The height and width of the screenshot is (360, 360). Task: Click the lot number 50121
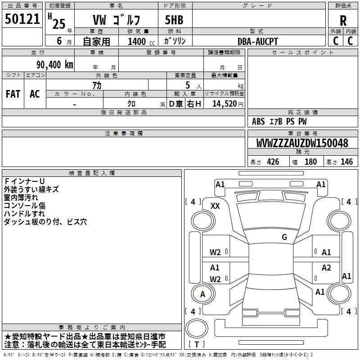point(22,19)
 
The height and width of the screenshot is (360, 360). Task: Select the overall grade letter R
point(343,21)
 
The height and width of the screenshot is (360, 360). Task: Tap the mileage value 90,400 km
point(54,65)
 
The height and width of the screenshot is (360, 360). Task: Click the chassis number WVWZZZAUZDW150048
point(302,143)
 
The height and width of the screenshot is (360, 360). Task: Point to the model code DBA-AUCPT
point(257,41)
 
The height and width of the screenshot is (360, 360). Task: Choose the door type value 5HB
point(174,20)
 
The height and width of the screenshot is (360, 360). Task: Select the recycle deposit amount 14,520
point(225,104)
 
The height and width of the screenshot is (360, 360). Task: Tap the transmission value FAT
point(13,94)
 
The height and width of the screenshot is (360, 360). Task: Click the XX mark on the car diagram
point(215,206)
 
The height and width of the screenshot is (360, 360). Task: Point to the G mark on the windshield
point(284,237)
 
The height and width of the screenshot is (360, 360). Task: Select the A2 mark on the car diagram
point(326,267)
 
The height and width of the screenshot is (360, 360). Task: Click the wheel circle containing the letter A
point(203,294)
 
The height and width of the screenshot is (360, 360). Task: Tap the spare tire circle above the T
point(197,328)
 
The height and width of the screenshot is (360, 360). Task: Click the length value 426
point(273,162)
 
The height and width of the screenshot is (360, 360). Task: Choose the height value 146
point(346,162)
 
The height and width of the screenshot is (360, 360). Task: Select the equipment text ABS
point(258,121)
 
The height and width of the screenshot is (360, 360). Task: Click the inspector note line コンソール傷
point(25,206)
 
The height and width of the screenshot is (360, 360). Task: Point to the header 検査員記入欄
point(92,173)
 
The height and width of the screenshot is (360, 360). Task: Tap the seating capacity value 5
point(188,85)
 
